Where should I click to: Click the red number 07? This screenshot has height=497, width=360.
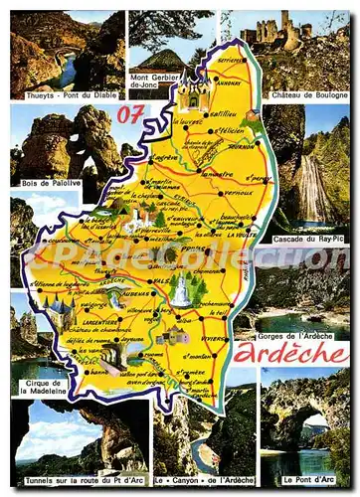tap(130, 115)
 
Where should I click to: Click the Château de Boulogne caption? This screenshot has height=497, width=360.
tap(308, 94)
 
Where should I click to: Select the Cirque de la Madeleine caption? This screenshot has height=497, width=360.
tap(39, 386)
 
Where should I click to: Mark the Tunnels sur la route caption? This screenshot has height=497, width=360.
tap(80, 480)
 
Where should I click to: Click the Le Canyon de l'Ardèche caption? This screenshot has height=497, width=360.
tap(205, 480)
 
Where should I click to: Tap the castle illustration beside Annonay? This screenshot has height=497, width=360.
tap(192, 91)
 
